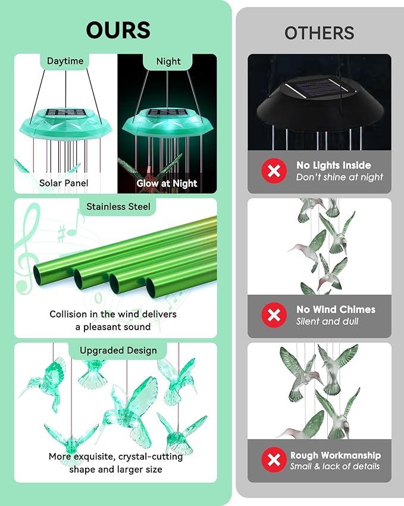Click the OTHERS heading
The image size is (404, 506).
[319, 33]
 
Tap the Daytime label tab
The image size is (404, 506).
[65, 61]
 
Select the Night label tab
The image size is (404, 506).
[168, 61]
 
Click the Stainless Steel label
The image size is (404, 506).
[118, 206]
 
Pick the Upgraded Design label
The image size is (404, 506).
[118, 350]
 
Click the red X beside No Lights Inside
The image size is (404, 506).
[274, 171]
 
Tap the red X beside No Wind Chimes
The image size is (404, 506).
[274, 315]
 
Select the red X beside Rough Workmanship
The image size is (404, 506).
[274, 460]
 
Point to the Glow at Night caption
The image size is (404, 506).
[167, 183]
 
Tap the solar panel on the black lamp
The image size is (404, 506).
[320, 89]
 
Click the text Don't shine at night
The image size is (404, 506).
[340, 177]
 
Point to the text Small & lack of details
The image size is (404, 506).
[335, 466]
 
